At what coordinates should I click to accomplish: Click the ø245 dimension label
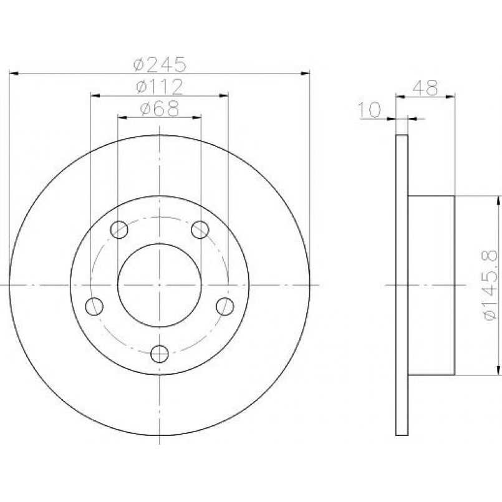pos(160,64)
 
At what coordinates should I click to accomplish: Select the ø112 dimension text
pos(160,87)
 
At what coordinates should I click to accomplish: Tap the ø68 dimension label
pos(160,109)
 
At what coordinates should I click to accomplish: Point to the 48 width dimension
pos(425,88)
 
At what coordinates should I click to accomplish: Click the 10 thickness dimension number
pos(370,110)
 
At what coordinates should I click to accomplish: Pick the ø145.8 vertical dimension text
pos(491,285)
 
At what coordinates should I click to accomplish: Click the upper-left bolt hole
pos(119,229)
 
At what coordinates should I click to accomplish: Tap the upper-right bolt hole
pos(200,229)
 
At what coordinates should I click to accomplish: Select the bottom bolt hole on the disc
pos(160,354)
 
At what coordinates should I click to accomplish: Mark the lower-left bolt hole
pos(94,306)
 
